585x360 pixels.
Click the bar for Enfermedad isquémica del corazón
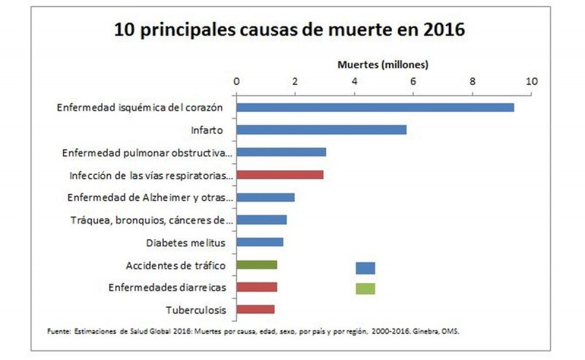click(x=374, y=108)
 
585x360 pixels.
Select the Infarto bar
click(x=321, y=130)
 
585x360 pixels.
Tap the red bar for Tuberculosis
click(x=255, y=310)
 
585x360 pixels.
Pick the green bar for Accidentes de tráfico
click(x=257, y=265)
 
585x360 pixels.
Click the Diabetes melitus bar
click(x=260, y=242)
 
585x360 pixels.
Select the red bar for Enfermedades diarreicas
click(x=257, y=287)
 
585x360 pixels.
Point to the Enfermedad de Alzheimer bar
click(x=265, y=198)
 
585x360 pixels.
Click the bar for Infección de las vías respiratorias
click(x=279, y=175)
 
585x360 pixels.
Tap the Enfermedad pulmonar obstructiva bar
click(x=281, y=152)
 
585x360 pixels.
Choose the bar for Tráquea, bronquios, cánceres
click(x=261, y=220)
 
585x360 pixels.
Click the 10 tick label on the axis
click(x=532, y=80)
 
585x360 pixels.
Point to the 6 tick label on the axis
click(x=413, y=80)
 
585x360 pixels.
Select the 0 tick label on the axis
click(x=236, y=80)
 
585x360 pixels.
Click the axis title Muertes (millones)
click(x=382, y=64)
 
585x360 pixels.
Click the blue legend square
click(x=365, y=268)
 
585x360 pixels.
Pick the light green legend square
click(x=365, y=288)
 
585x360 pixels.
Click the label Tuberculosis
click(x=195, y=310)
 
